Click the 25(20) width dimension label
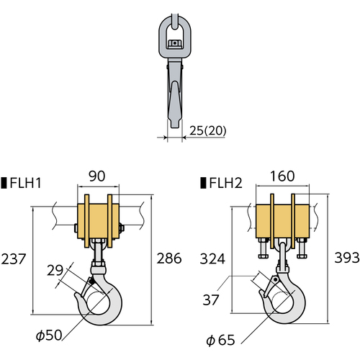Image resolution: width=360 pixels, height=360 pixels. [208, 130]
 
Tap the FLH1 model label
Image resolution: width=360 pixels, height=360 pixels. [26, 183]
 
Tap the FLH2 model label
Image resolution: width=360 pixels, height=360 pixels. [225, 183]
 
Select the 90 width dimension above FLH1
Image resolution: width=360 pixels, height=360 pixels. [97, 176]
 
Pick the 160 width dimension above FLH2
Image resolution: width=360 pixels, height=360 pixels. [282, 176]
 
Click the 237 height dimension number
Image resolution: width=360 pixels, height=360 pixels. [14, 259]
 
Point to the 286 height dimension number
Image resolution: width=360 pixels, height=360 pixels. [169, 258]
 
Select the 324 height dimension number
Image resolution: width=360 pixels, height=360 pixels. [212, 259]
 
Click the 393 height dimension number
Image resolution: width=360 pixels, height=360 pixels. [347, 258]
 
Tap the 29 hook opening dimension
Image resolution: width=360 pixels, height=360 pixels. [55, 271]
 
